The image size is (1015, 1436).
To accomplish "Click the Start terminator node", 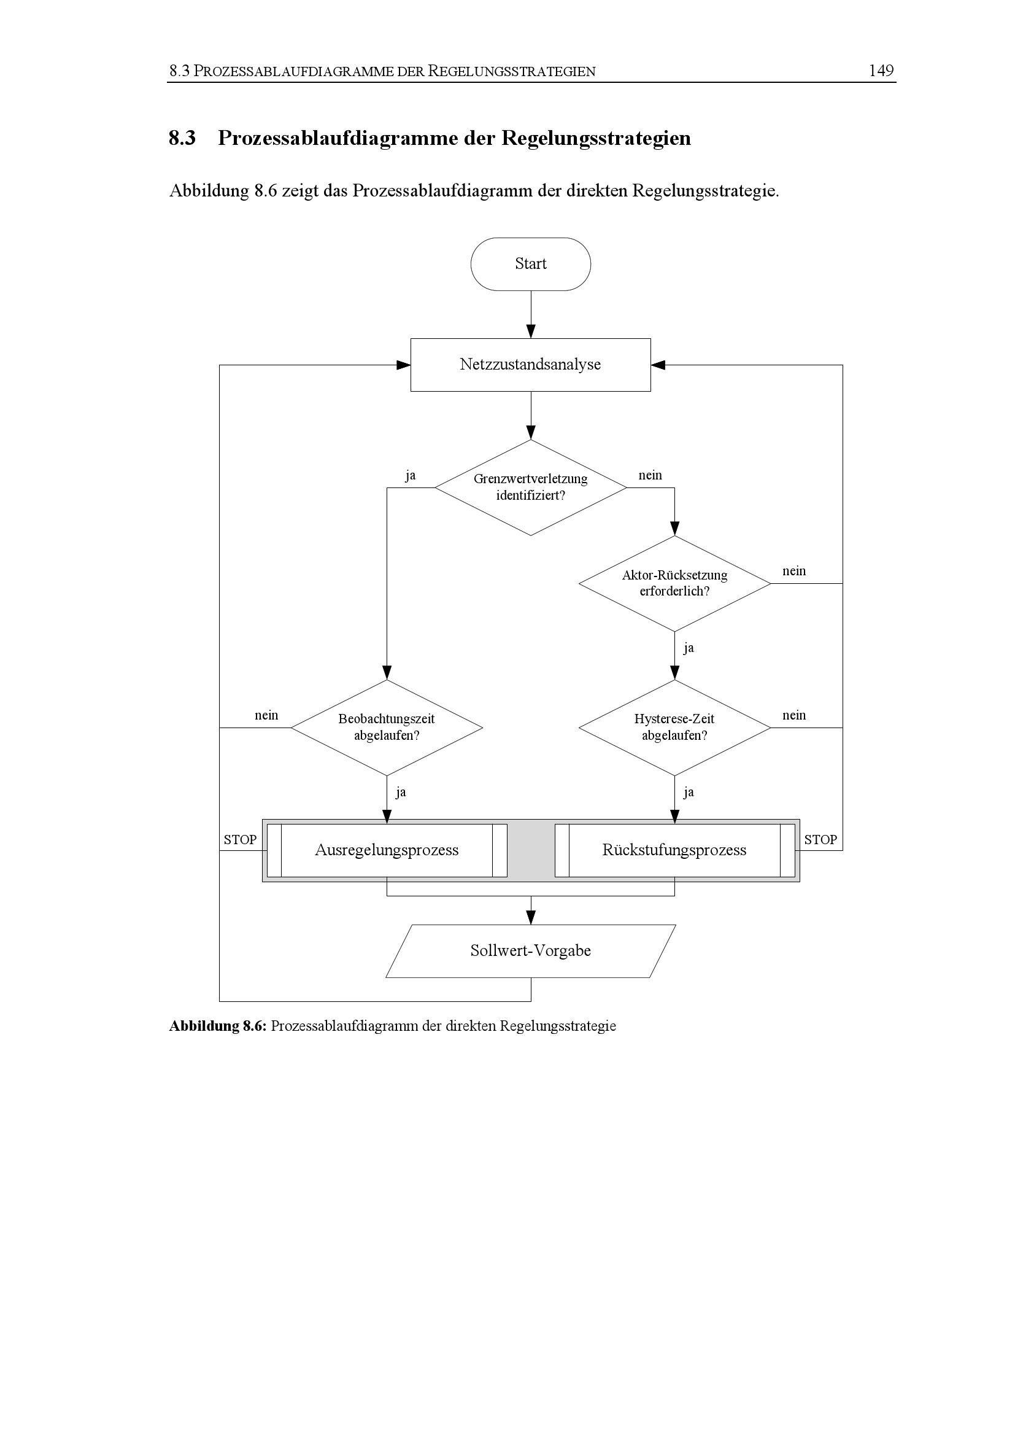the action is pyautogui.click(x=531, y=264).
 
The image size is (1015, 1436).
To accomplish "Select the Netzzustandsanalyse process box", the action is pyautogui.click(x=531, y=365).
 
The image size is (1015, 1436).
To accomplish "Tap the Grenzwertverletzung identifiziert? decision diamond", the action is pyautogui.click(x=531, y=488).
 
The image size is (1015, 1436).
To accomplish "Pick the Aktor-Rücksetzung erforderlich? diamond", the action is pyautogui.click(x=674, y=583).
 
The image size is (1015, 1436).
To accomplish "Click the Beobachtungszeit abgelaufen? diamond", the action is pyautogui.click(x=387, y=728).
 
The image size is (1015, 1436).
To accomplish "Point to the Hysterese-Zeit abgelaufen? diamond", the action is pyautogui.click(x=674, y=728).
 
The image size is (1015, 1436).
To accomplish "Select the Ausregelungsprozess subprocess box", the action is pyautogui.click(x=387, y=850).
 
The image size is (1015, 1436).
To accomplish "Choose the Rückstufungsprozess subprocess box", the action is pyautogui.click(x=674, y=850).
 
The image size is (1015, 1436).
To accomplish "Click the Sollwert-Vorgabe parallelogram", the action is pyautogui.click(x=531, y=950).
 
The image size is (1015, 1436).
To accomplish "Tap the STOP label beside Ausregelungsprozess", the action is pyautogui.click(x=240, y=840).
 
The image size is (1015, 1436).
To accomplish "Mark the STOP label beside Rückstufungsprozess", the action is pyautogui.click(x=820, y=840).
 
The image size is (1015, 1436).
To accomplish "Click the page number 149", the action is pyautogui.click(x=881, y=71).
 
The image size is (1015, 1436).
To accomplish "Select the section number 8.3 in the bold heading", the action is pyautogui.click(x=182, y=138).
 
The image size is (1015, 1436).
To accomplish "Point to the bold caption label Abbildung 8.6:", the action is pyautogui.click(x=218, y=1027).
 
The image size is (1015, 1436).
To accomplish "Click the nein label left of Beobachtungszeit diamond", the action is pyautogui.click(x=266, y=715).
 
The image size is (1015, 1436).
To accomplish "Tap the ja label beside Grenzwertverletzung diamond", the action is pyautogui.click(x=410, y=476).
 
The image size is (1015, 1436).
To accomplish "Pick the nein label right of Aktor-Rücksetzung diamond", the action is pyautogui.click(x=794, y=571).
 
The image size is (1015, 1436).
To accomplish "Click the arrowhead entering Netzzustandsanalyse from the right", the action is pyautogui.click(x=658, y=365).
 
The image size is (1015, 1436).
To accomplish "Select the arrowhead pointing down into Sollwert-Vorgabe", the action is pyautogui.click(x=531, y=917).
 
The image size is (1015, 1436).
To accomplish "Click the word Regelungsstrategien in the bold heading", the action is pyautogui.click(x=596, y=138).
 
